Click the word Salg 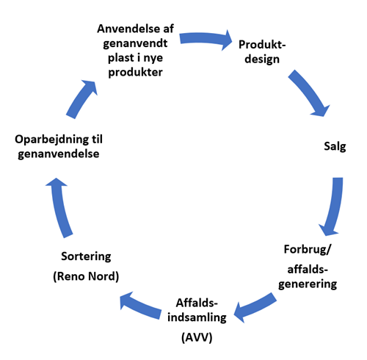(x=335, y=146)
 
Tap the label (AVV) (x=197, y=337)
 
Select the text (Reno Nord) (x=86, y=276)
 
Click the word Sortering (x=86, y=256)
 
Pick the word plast (x=121, y=58)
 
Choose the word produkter (x=135, y=72)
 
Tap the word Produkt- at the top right (x=262, y=45)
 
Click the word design (x=262, y=60)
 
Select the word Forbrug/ (x=308, y=249)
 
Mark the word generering (x=308, y=284)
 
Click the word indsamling (x=197, y=317)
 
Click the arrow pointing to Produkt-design (x=205, y=39)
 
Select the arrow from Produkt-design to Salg (x=309, y=93)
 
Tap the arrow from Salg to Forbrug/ (x=334, y=207)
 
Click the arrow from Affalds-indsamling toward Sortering (x=140, y=306)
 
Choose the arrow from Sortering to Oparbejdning (x=60, y=207)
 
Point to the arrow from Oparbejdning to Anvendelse (x=81, y=99)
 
